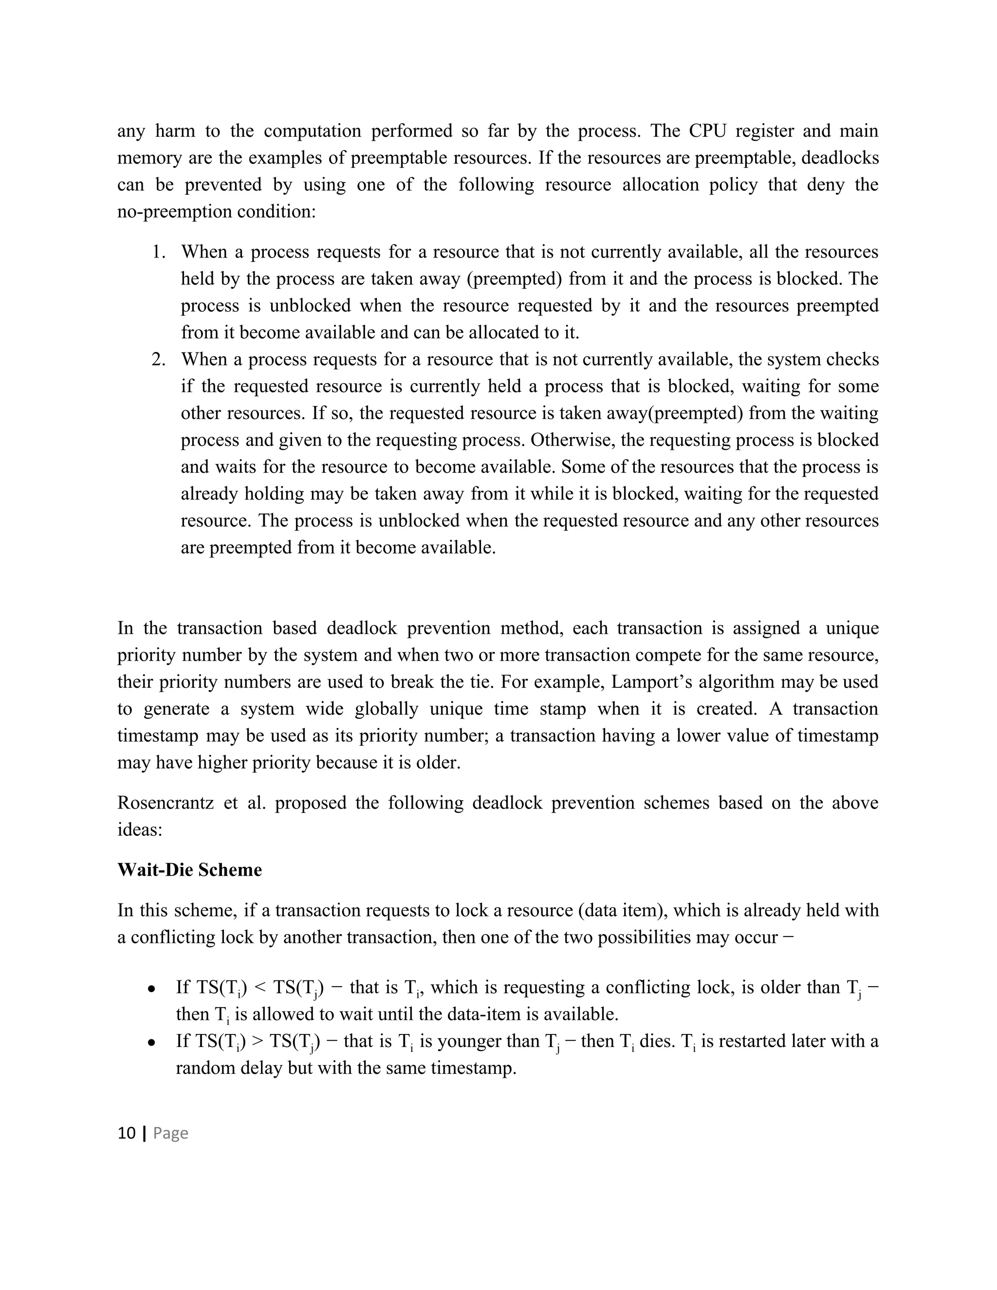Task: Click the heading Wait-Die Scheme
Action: click(x=189, y=870)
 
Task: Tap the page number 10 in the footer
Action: click(x=127, y=1133)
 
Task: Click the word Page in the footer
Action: click(x=171, y=1133)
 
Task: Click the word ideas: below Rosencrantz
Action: click(x=139, y=830)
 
